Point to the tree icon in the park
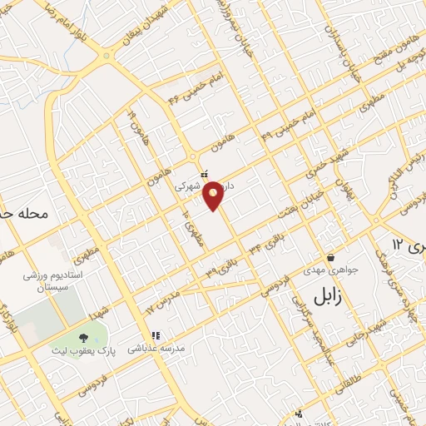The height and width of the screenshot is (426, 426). pyautogui.click(x=83, y=338)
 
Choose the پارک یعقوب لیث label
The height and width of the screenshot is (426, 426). pyautogui.click(x=83, y=351)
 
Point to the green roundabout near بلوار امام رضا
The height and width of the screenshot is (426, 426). pyautogui.click(x=106, y=56)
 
